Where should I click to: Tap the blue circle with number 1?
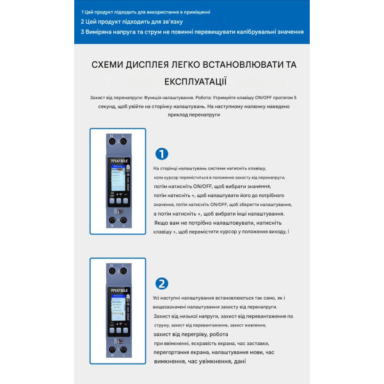(x=162, y=154)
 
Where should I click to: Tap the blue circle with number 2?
(x=162, y=284)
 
